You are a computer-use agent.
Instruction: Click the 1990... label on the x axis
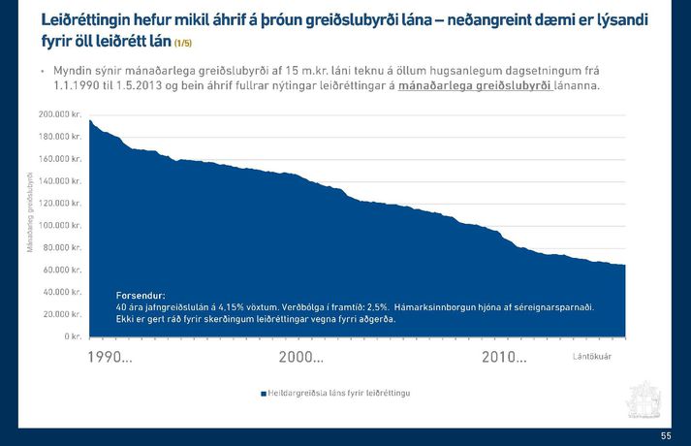tap(110, 358)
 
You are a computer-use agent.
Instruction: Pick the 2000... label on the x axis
tap(301, 358)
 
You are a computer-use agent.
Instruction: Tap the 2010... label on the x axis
tap(504, 358)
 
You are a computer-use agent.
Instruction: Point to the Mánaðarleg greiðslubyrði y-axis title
tap(30, 212)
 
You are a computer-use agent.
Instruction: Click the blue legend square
tap(262, 394)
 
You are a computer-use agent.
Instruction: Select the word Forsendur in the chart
tap(141, 294)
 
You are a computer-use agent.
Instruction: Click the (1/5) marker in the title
tap(182, 44)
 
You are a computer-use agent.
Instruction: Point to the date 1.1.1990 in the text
tap(79, 87)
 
